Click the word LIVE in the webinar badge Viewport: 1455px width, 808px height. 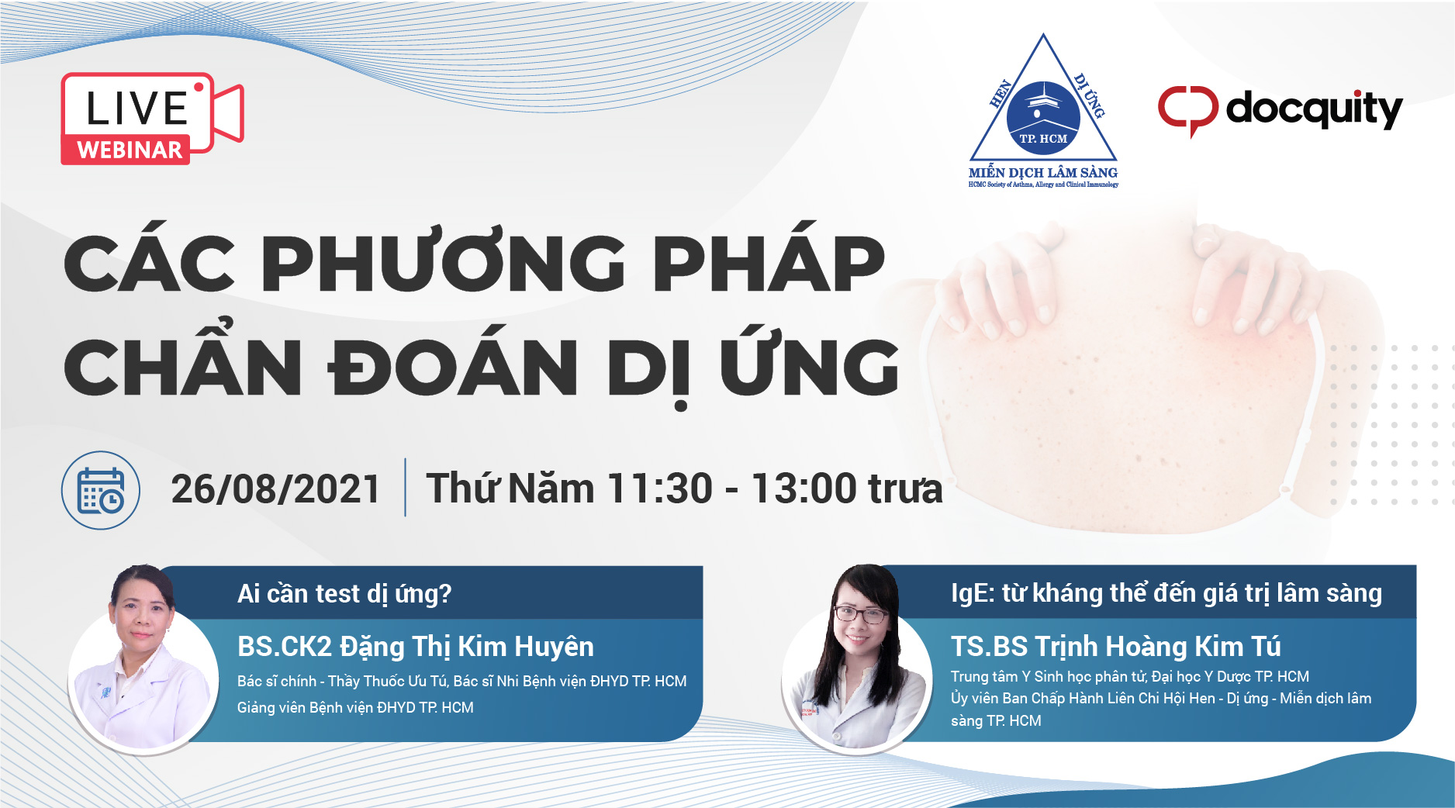click(x=137, y=108)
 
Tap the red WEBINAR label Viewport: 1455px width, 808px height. click(x=130, y=150)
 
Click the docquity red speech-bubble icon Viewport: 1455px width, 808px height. click(x=1187, y=110)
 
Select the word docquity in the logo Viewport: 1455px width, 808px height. click(x=1314, y=109)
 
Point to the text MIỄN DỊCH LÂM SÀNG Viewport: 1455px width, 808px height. click(x=1043, y=172)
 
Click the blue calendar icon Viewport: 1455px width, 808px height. click(x=101, y=490)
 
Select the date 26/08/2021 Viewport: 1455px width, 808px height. click(x=275, y=489)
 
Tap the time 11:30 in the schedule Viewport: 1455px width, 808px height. click(x=660, y=489)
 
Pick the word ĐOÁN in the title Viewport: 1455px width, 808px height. click(x=454, y=365)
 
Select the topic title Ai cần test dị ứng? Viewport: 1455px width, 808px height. click(x=344, y=593)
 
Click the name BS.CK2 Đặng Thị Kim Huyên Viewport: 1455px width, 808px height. click(x=416, y=646)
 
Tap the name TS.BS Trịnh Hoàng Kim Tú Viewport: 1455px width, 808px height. click(x=1116, y=646)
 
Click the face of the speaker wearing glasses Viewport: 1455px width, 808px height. click(x=860, y=621)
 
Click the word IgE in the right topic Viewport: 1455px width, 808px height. click(x=969, y=594)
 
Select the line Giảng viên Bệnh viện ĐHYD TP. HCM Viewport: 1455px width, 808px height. click(x=355, y=707)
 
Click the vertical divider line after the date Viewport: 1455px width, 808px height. click(x=406, y=488)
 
